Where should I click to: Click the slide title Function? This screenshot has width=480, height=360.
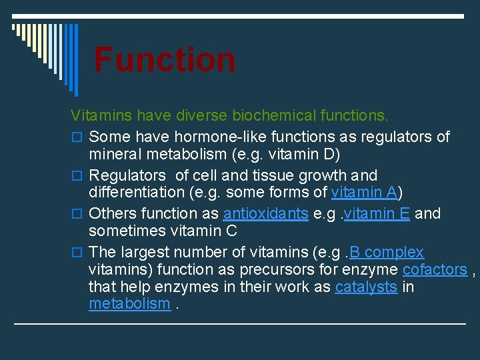tap(165, 59)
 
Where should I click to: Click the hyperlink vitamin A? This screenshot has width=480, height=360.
tap(365, 193)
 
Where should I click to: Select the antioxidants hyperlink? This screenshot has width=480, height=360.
tap(265, 213)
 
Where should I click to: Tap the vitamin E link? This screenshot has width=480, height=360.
tap(377, 213)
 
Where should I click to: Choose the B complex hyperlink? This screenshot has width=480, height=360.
tap(387, 252)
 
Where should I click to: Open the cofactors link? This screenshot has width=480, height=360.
tap(435, 269)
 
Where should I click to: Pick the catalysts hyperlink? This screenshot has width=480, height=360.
tap(366, 287)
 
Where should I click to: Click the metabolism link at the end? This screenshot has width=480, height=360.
tap(129, 304)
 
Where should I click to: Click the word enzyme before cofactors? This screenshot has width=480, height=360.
tap(370, 269)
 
